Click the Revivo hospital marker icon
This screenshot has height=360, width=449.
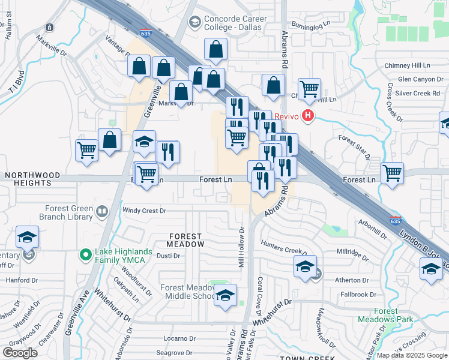pyautogui.click(x=308, y=116)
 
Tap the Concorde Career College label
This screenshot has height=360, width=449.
pyautogui.click(x=233, y=23)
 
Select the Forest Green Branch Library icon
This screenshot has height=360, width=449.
pyautogui.click(x=102, y=212)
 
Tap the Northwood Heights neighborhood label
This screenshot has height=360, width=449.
pyautogui.click(x=32, y=179)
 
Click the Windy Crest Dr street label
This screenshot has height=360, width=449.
pyautogui.click(x=144, y=211)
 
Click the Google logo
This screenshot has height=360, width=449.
pyautogui.click(x=20, y=353)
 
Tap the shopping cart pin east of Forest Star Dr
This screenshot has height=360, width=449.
pyautogui.click(x=392, y=173)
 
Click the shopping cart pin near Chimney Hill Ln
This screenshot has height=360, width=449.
pyautogui.click(x=309, y=89)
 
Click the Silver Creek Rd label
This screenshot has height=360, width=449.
pyautogui.click(x=418, y=93)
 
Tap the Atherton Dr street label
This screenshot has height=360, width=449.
pyautogui.click(x=355, y=280)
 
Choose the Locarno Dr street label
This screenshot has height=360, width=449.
pyautogui.click(x=179, y=338)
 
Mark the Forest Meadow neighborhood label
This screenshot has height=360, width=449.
pyautogui.click(x=186, y=240)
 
